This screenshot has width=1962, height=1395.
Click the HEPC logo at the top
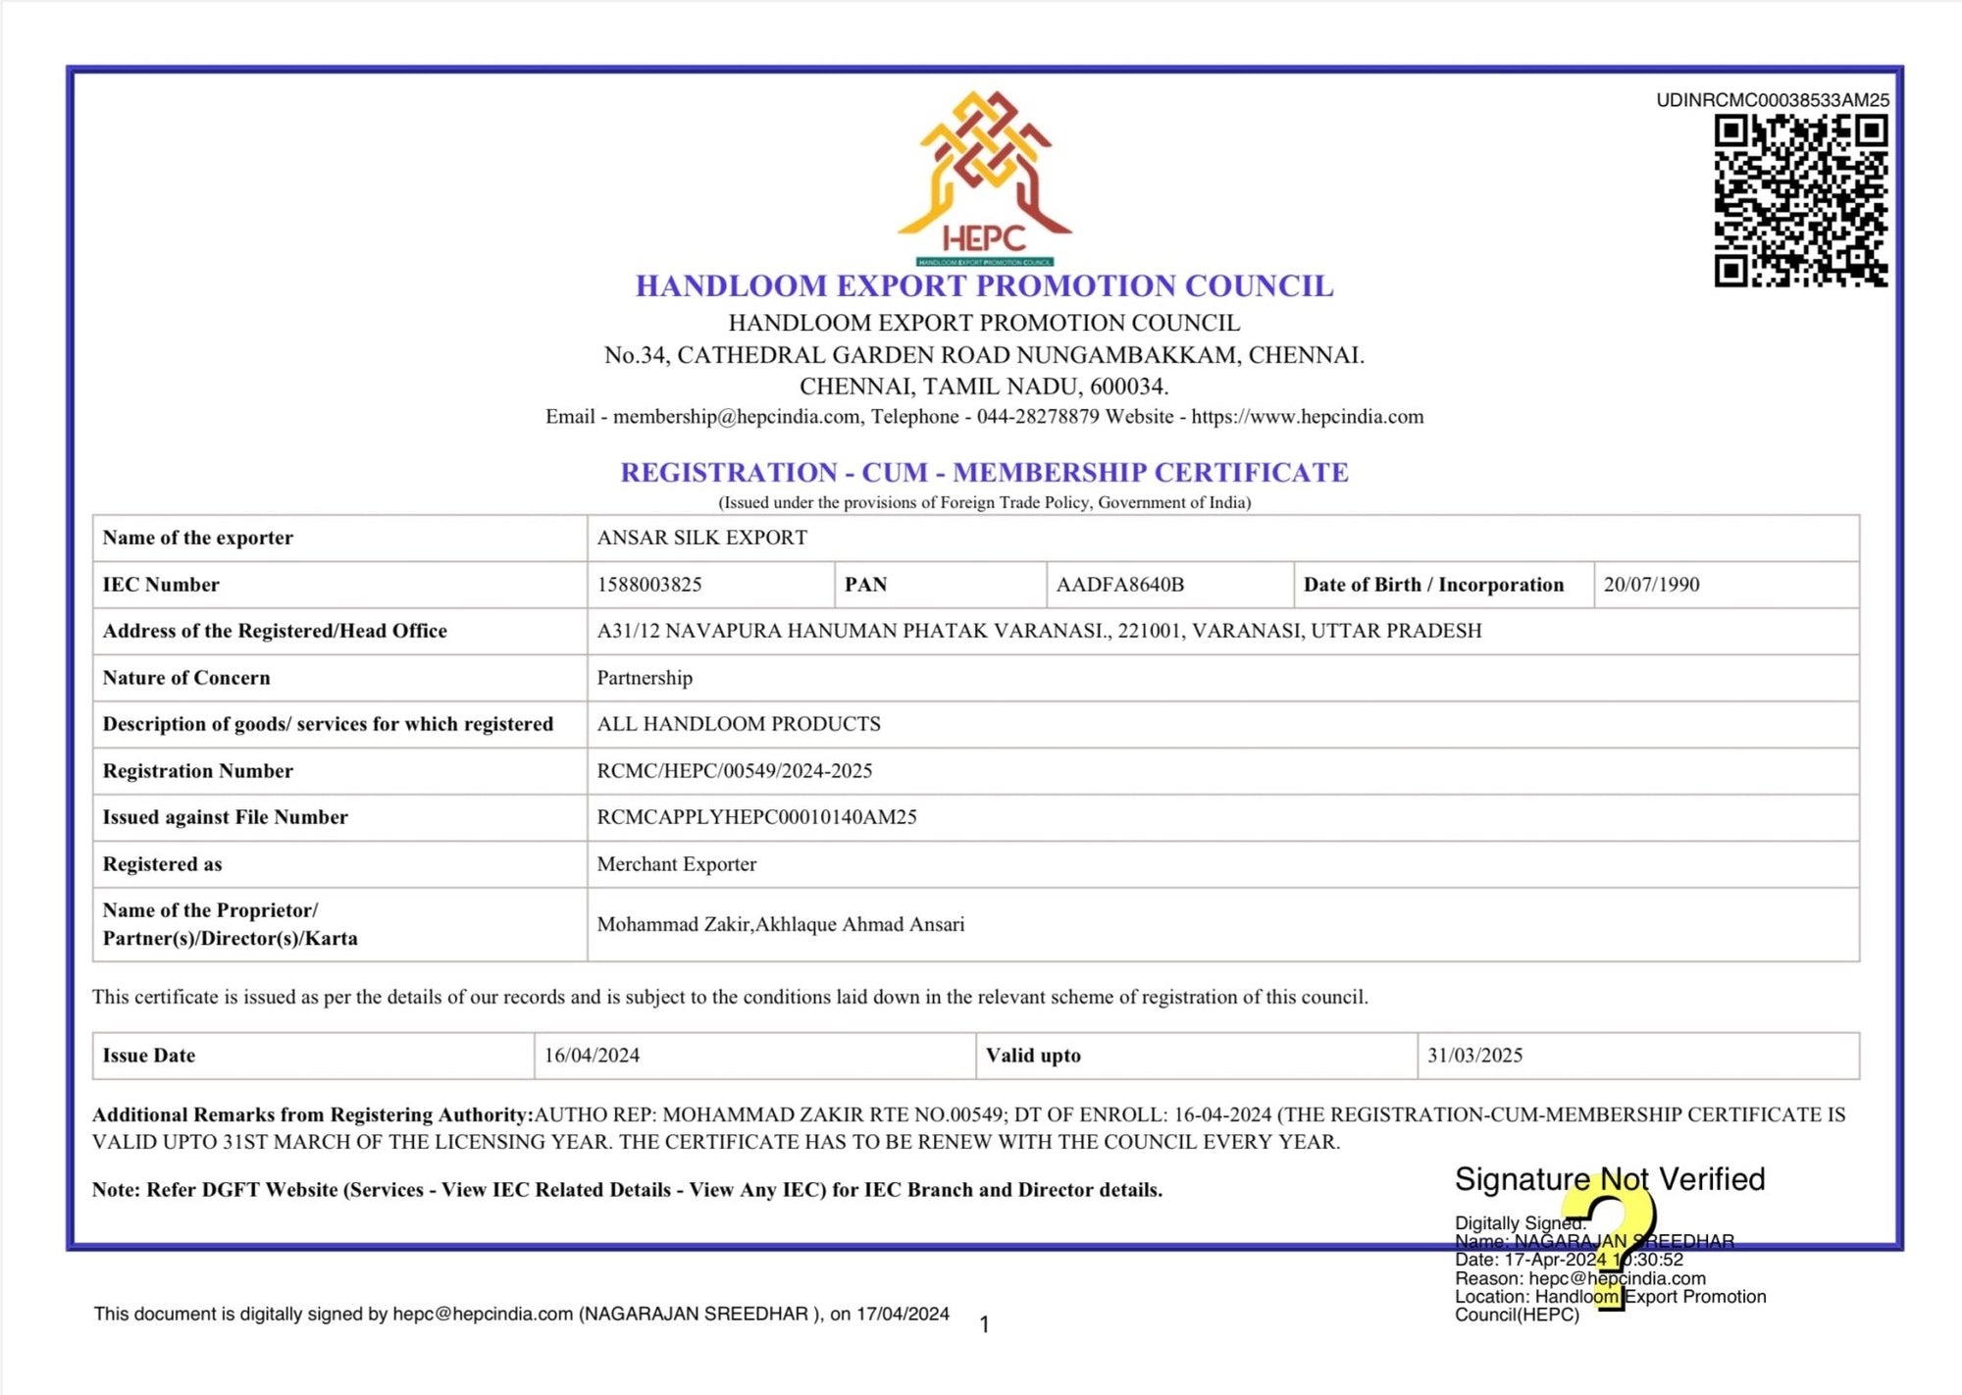coord(984,177)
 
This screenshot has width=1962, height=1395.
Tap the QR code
coord(1800,201)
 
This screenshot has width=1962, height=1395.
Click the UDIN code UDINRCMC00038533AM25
coord(1772,100)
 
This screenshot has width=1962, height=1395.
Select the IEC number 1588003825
coord(649,585)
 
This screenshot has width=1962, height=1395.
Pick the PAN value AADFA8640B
coord(1119,585)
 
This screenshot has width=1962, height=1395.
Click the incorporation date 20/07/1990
coord(1651,585)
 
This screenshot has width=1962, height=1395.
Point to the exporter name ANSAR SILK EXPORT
coord(701,538)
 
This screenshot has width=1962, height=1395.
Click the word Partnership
coord(645,678)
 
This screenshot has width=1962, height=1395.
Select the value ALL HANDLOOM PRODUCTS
coord(739,724)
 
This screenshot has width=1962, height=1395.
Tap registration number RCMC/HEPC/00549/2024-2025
coord(734,771)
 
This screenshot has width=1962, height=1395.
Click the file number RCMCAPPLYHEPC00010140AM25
coord(756,817)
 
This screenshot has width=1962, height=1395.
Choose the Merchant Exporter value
coord(676,864)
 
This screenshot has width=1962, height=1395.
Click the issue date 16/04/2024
coord(592,1056)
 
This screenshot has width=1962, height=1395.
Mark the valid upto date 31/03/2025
coord(1474,1056)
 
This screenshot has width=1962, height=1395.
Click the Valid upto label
coord(1033,1056)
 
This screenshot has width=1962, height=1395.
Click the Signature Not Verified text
coord(1609,1178)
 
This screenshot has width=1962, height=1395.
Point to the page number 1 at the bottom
coord(984,1324)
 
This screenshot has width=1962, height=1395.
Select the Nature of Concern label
coord(186,678)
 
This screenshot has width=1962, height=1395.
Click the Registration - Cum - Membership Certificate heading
coord(984,473)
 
